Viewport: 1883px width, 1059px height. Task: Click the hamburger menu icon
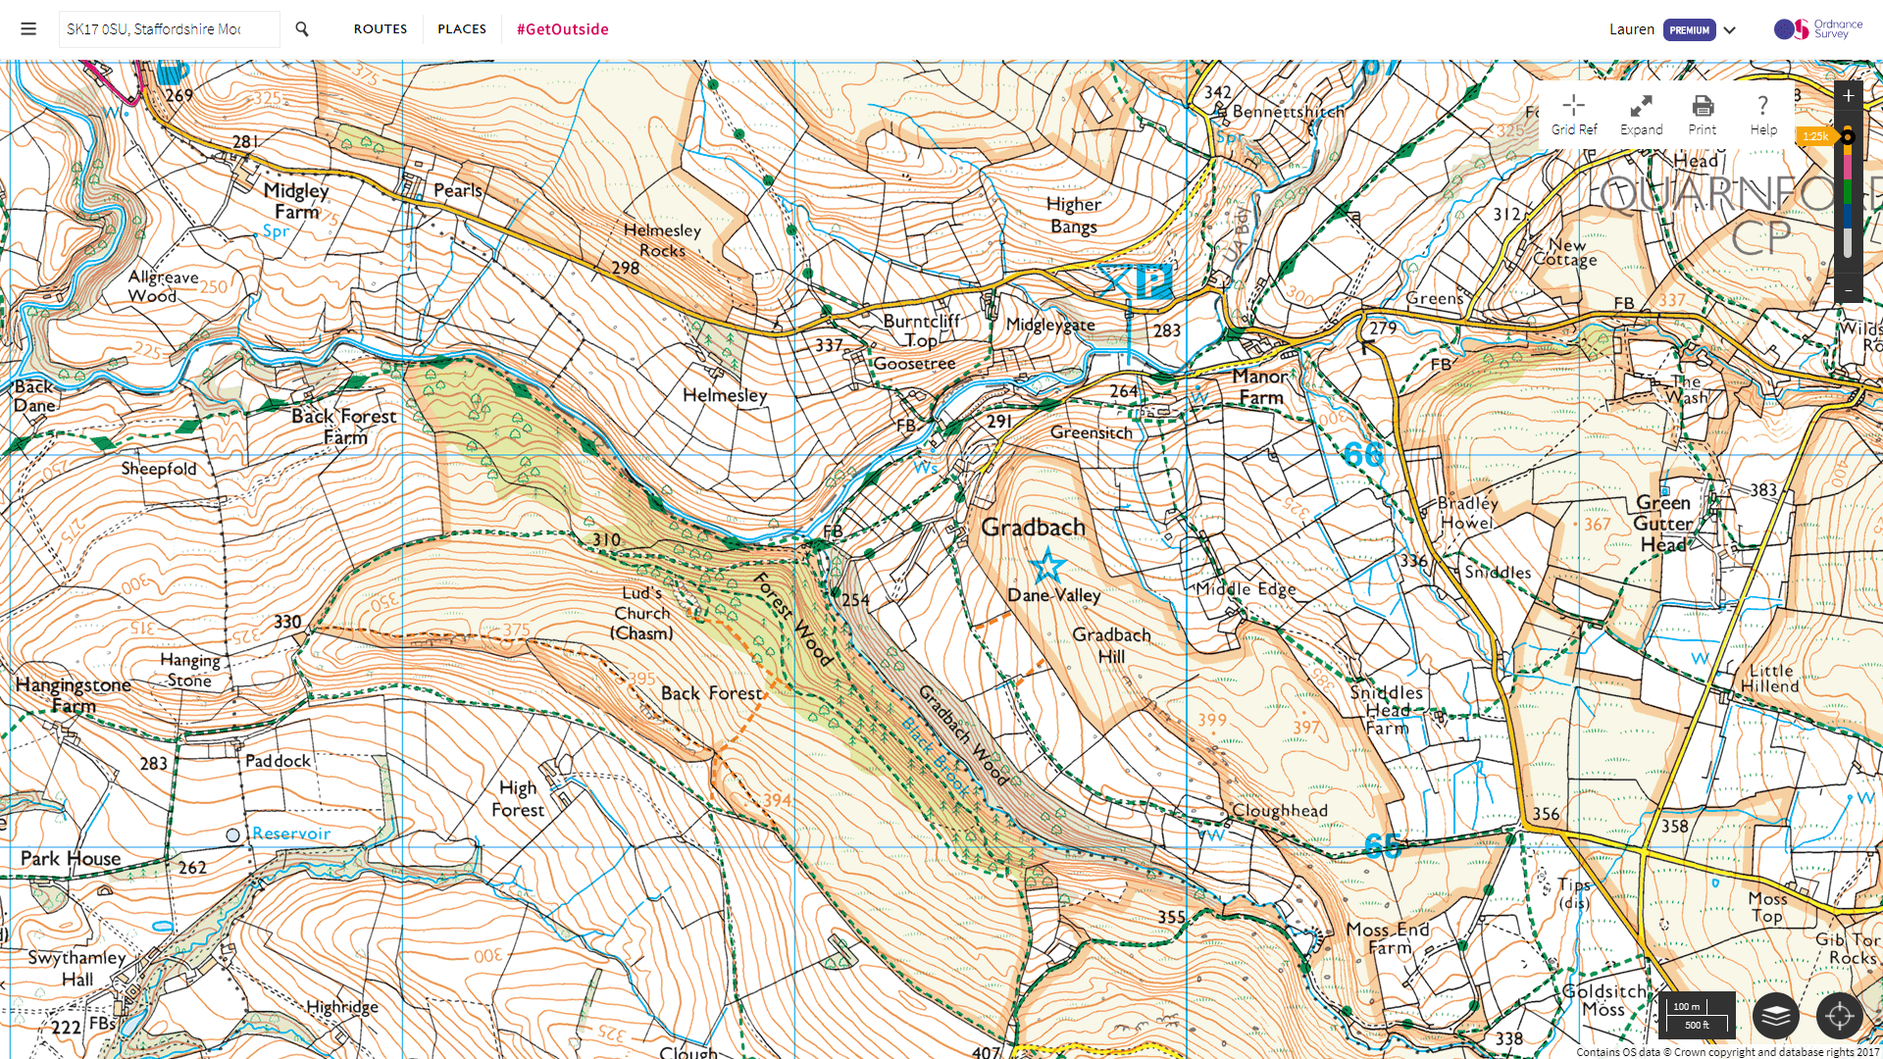[28, 29]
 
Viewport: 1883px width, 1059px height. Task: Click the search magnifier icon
[302, 29]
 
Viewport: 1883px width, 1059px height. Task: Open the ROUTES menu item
[381, 29]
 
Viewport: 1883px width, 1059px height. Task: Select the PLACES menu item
[462, 29]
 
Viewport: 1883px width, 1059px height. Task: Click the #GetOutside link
[563, 29]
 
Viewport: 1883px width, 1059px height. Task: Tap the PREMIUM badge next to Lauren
[1689, 29]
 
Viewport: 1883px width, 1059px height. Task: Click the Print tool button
[1703, 115]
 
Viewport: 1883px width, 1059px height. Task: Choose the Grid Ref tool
[1574, 115]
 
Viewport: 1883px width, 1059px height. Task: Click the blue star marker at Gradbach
[1047, 566]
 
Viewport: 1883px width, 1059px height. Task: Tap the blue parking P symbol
[1153, 281]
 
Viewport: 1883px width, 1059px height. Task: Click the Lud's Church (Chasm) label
[642, 613]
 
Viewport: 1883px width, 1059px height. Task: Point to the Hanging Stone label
[189, 670]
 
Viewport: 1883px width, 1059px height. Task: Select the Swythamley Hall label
[76, 968]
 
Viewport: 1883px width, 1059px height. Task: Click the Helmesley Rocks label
[662, 240]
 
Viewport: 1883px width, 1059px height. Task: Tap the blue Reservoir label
[290, 833]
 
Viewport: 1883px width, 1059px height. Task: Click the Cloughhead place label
[1279, 811]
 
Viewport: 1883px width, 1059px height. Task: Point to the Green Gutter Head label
[1663, 523]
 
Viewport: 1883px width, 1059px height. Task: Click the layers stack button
[1775, 1015]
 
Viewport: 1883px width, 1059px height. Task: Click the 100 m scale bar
[1697, 1015]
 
